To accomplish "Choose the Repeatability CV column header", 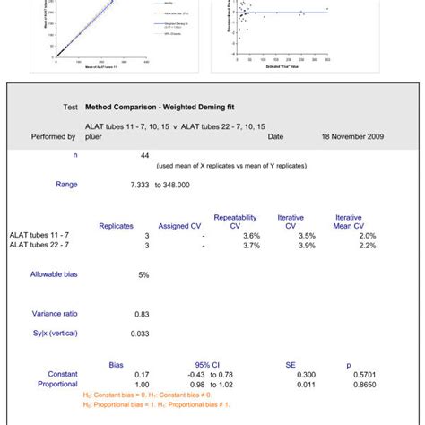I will click(235, 221).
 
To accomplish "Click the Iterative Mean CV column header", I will click(348, 221).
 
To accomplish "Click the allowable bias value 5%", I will click(143, 274).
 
